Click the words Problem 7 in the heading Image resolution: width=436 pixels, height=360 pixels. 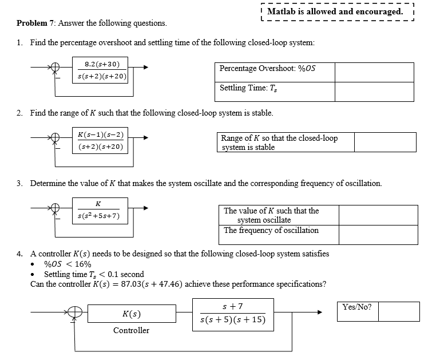(x=36, y=23)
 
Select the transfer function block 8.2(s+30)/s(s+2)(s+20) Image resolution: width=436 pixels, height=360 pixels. (x=100, y=70)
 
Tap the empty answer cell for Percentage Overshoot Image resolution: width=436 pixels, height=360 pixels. (x=374, y=72)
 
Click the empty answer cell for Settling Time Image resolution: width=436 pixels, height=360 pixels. (x=374, y=92)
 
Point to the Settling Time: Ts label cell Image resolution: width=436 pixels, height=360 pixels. (x=275, y=92)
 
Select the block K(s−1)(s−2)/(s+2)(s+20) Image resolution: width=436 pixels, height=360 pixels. (x=100, y=140)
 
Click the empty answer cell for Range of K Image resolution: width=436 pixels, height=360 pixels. (x=385, y=142)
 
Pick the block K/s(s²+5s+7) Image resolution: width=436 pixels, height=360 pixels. (x=100, y=211)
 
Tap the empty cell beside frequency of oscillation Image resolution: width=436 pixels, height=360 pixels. (x=378, y=235)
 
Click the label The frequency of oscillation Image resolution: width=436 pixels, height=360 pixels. (x=271, y=230)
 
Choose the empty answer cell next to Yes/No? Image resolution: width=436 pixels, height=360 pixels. (x=399, y=311)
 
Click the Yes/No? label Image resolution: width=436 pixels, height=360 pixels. (x=357, y=307)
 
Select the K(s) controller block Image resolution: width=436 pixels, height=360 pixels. (x=132, y=314)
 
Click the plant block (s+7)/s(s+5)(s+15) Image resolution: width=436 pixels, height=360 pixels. (x=233, y=315)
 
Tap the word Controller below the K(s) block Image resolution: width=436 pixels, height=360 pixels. (x=131, y=330)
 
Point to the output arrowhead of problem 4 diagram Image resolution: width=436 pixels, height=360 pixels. (x=320, y=312)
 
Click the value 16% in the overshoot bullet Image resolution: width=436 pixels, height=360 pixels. (x=83, y=264)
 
